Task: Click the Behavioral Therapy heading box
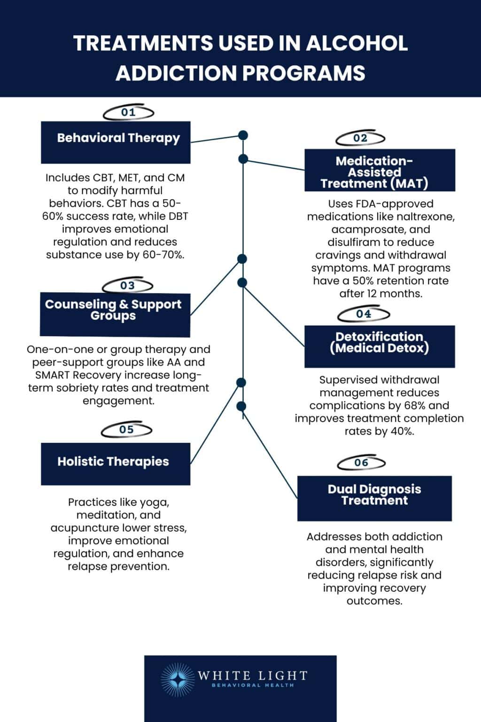(116, 142)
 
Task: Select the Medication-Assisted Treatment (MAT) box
(380, 170)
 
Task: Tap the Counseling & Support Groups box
(115, 314)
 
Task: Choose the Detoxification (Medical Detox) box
(380, 346)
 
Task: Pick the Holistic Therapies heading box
(116, 463)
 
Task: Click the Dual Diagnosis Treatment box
(374, 498)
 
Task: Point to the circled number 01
(128, 112)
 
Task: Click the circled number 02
(360, 138)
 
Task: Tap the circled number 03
(127, 285)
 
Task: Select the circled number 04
(364, 314)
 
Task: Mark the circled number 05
(126, 430)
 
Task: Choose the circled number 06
(361, 463)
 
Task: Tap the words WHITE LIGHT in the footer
(252, 676)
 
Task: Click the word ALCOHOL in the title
(357, 43)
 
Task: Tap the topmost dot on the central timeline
(243, 135)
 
